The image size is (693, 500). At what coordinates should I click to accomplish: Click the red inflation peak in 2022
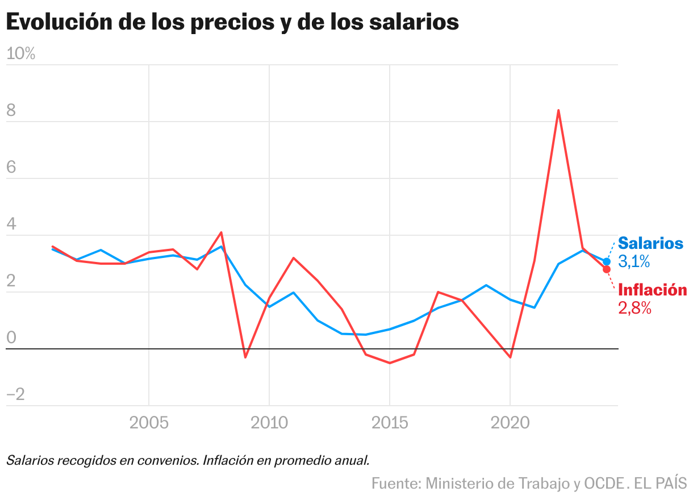[558, 110]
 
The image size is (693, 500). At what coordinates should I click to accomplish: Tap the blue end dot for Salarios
[607, 261]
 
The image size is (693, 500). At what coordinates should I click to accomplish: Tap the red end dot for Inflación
[607, 269]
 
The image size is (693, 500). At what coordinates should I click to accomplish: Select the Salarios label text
[650, 243]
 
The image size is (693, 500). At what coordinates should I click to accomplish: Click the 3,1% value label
[634, 262]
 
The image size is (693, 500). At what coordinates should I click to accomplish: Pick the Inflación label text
[652, 290]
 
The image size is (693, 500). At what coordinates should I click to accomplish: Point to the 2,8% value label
[634, 309]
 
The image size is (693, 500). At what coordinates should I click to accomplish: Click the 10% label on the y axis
[20, 54]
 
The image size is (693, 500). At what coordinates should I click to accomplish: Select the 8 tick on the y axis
[11, 111]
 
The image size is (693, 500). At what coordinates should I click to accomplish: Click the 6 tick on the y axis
[11, 168]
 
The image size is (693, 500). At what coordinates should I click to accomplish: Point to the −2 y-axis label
[15, 395]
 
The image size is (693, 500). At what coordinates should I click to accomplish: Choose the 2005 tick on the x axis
[148, 423]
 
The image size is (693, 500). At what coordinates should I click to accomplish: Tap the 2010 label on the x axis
[269, 423]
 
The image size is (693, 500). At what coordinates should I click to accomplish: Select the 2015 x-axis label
[390, 423]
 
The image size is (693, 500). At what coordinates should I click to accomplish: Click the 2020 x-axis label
[510, 423]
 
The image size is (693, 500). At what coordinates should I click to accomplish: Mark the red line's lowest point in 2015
[390, 363]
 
